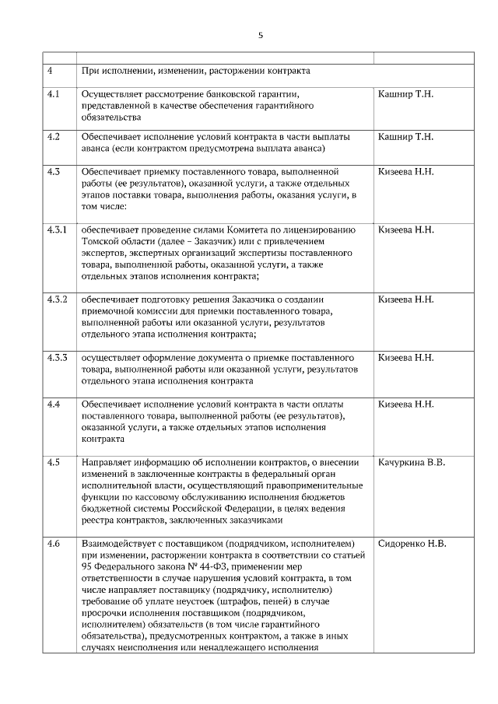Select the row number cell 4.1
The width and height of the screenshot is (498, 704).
pyautogui.click(x=54, y=94)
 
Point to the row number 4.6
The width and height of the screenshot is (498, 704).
pyautogui.click(x=54, y=543)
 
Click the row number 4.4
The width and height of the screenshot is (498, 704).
pyautogui.click(x=54, y=405)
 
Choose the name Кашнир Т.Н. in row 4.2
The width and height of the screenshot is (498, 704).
pyautogui.click(x=405, y=137)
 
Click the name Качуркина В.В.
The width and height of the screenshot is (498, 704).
pyautogui.click(x=412, y=463)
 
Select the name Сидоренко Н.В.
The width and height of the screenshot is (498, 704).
pyautogui.click(x=412, y=543)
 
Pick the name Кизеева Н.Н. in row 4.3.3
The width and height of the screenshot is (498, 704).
pyautogui.click(x=405, y=358)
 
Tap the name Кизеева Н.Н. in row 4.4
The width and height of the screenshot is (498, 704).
pyautogui.click(x=405, y=405)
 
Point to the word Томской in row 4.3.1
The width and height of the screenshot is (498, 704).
pyautogui.click(x=100, y=242)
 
